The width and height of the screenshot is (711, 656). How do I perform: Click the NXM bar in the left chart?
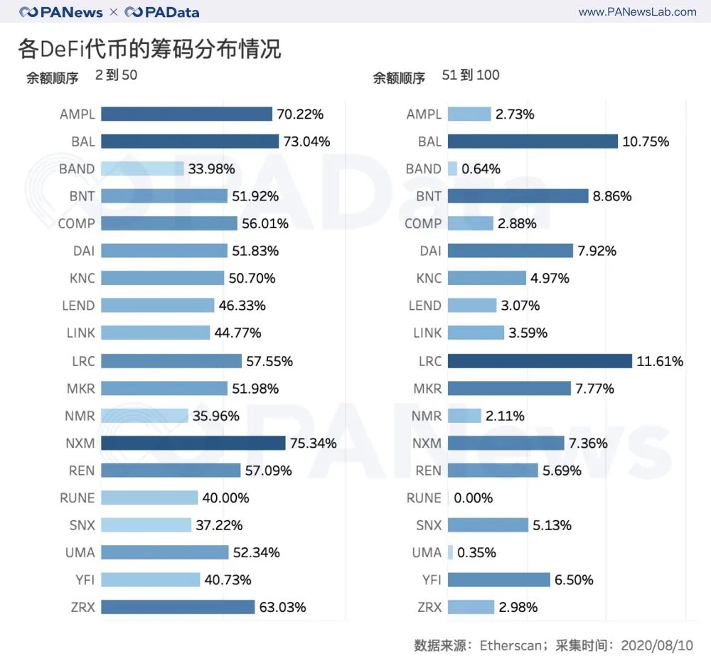tap(193, 443)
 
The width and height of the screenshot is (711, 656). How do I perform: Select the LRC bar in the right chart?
tap(540, 361)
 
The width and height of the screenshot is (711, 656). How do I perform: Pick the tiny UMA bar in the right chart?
tap(450, 552)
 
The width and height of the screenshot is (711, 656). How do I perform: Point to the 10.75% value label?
tap(646, 141)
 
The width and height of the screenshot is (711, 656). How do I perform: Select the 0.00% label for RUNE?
tap(474, 498)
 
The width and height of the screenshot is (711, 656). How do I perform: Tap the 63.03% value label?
tap(283, 607)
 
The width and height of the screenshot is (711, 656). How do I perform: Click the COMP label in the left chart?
tap(76, 223)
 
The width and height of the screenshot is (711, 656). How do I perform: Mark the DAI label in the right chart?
tap(430, 251)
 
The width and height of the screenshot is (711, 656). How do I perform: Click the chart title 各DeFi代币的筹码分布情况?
tap(149, 48)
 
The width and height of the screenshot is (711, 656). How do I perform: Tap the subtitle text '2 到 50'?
tap(116, 75)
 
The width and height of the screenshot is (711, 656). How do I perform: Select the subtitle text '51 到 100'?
tap(471, 75)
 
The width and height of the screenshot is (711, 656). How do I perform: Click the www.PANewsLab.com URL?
tap(637, 12)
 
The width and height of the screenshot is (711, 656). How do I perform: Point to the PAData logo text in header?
tap(171, 12)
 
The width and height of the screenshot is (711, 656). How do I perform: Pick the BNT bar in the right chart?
tap(518, 196)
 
